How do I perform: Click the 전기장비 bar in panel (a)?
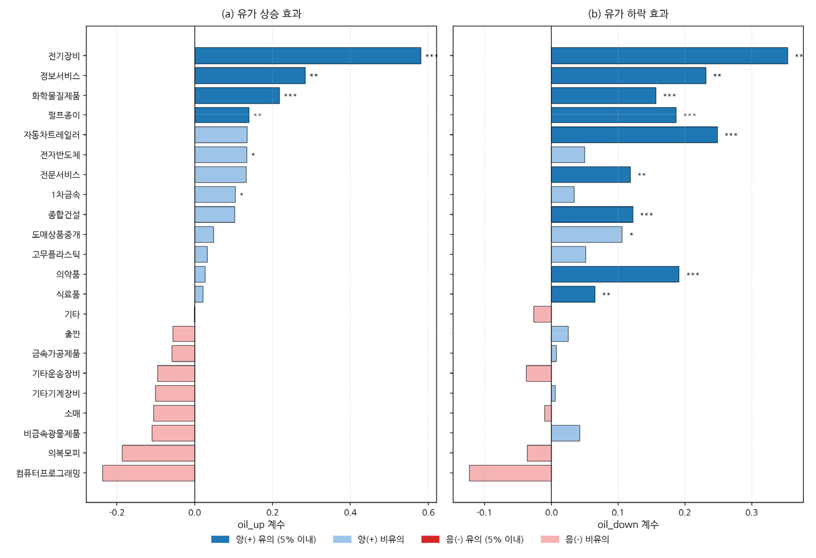click(x=308, y=56)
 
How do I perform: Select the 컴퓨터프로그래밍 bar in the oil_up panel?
click(x=149, y=473)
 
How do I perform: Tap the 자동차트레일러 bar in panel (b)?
click(x=634, y=135)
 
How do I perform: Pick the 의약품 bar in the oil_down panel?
click(x=615, y=274)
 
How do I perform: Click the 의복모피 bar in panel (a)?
click(x=158, y=453)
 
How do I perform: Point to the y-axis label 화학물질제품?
click(x=56, y=96)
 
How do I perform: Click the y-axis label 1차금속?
click(x=66, y=195)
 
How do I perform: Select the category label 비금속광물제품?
click(x=52, y=433)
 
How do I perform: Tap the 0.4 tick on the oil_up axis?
click(x=350, y=513)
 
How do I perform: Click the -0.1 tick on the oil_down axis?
click(x=484, y=513)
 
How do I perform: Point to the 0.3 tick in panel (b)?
click(x=752, y=513)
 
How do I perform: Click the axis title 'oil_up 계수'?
click(x=261, y=525)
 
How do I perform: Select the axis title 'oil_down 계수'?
click(x=628, y=525)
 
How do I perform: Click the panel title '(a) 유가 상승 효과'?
click(x=261, y=14)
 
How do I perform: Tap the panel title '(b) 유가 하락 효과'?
click(x=628, y=14)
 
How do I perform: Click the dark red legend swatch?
click(x=430, y=540)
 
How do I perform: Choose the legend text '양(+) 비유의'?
click(x=381, y=540)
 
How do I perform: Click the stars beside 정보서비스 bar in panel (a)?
click(x=314, y=76)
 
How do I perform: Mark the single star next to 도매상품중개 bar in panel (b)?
click(x=631, y=234)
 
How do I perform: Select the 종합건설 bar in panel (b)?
click(x=592, y=215)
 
